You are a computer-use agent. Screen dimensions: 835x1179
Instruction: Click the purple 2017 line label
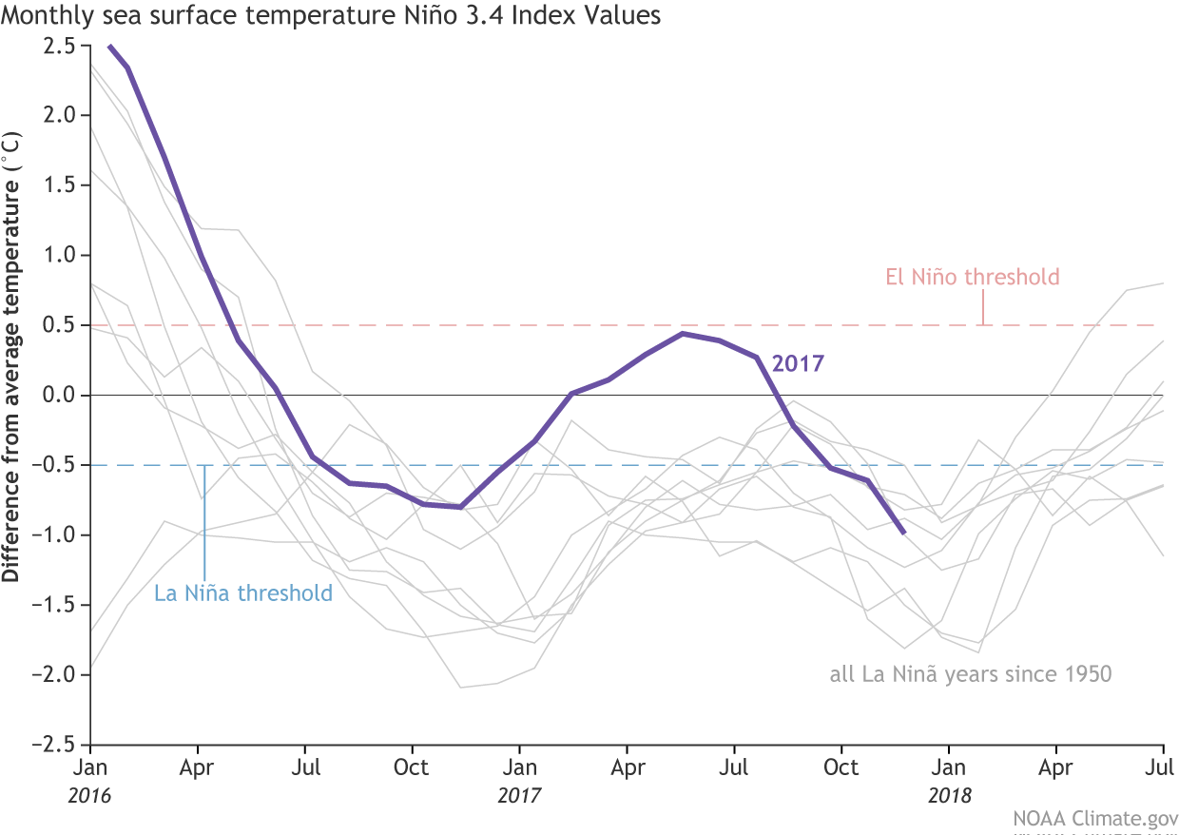[x=798, y=363]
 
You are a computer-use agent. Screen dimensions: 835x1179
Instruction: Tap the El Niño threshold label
[x=972, y=278]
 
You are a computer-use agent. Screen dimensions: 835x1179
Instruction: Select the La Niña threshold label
[x=243, y=594]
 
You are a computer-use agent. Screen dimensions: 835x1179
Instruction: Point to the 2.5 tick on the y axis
[x=63, y=46]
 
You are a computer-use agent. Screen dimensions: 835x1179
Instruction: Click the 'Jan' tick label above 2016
[x=90, y=767]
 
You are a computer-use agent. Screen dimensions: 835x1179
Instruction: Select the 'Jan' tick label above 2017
[x=519, y=767]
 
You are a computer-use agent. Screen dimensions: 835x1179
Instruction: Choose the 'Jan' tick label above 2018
[x=948, y=767]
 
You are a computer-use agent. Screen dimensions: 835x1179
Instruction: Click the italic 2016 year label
[x=90, y=796]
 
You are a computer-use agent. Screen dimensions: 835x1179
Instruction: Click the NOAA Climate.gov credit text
[x=1092, y=818]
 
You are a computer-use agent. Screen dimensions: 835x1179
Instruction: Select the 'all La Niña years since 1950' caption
[x=970, y=675]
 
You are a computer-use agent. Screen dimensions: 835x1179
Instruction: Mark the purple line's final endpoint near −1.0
[x=903, y=534]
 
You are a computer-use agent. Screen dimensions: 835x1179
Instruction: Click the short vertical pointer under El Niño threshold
[x=983, y=308]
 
